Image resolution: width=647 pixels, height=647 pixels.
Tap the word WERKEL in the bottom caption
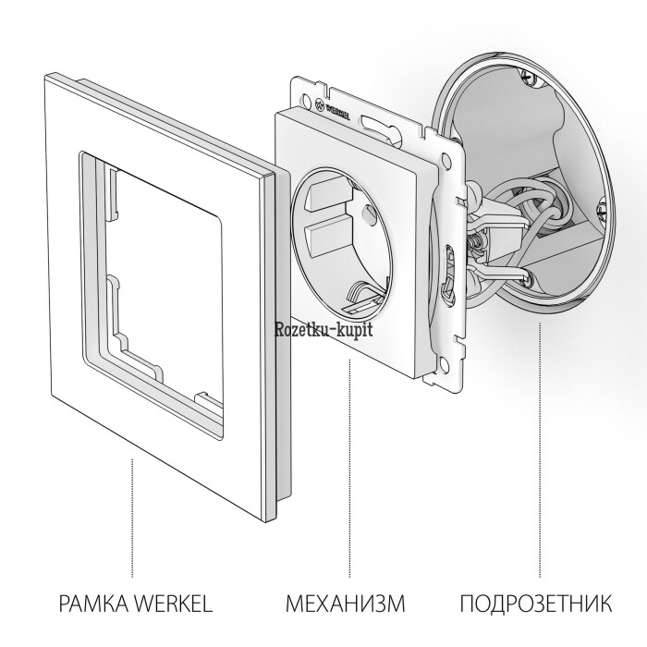(x=174, y=604)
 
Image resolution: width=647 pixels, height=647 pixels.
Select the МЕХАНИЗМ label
(x=346, y=604)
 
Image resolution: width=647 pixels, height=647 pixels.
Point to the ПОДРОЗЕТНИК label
(x=536, y=604)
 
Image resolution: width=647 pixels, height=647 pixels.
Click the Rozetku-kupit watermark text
(x=323, y=329)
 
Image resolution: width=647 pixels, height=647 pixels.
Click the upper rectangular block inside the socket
(x=328, y=194)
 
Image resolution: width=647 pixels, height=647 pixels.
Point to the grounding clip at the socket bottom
(x=364, y=298)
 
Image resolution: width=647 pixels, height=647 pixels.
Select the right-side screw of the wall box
(x=601, y=212)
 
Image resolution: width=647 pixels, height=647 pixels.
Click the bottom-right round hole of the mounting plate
(x=444, y=363)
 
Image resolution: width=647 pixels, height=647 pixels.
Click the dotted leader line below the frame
(x=132, y=518)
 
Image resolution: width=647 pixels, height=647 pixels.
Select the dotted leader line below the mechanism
(x=349, y=468)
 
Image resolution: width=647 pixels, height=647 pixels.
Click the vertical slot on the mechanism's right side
(x=448, y=274)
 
